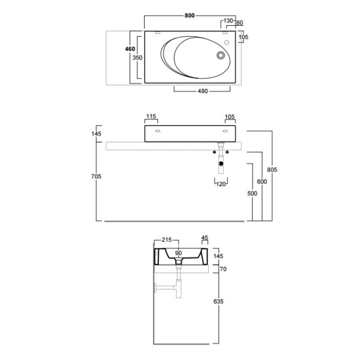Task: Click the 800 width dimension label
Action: [x=190, y=16]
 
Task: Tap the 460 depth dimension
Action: [x=130, y=49]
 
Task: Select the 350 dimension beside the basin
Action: [x=137, y=58]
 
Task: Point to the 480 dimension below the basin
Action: [x=203, y=91]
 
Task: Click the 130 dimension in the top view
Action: [x=228, y=20]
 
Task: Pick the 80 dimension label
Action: [x=239, y=23]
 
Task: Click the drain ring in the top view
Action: [x=221, y=55]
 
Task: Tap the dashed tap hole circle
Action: [x=227, y=43]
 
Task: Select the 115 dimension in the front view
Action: [x=151, y=116]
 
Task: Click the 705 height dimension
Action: [x=96, y=176]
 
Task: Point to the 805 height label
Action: [x=272, y=170]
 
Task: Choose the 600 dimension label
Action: [x=262, y=182]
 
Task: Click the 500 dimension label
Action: [x=252, y=194]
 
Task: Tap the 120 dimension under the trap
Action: [x=221, y=184]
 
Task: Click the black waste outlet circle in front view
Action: [x=221, y=164]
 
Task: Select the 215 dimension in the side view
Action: [x=167, y=239]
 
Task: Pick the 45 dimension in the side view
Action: [x=205, y=238]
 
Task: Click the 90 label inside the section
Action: [x=178, y=253]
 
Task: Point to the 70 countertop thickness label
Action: [x=223, y=269]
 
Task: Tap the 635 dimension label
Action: [x=218, y=301]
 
